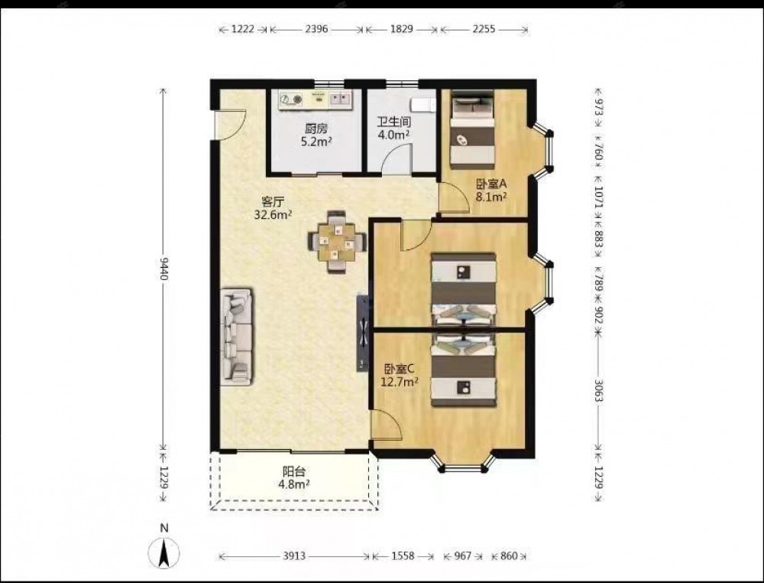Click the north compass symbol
click(164, 552)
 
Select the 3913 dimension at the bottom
click(294, 555)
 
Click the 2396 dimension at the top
click(316, 29)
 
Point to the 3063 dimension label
click(598, 389)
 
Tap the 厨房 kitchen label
click(316, 129)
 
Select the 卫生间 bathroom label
click(394, 122)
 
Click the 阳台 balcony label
click(294, 472)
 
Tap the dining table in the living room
click(337, 242)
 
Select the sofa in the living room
click(236, 337)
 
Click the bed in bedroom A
click(471, 129)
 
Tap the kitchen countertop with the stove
click(316, 99)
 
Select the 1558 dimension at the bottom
click(403, 555)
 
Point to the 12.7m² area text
click(399, 382)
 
